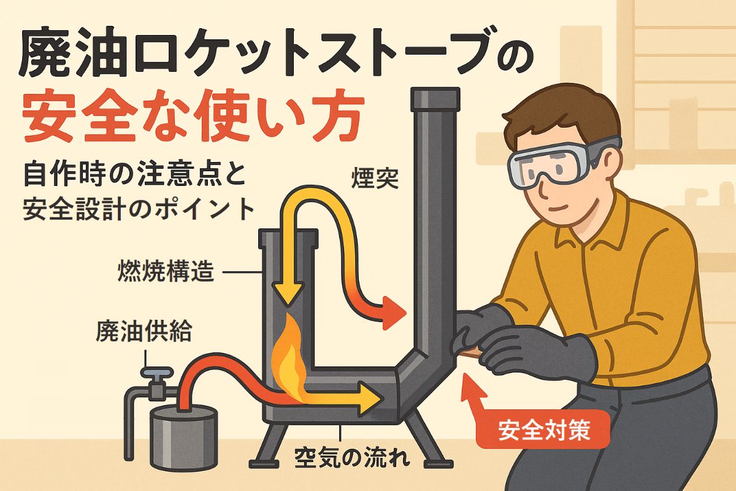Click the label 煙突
point(375,180)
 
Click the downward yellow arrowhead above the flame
point(289,293)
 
